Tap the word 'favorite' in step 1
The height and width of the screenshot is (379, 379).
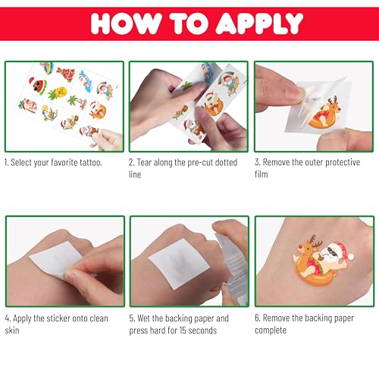pos(64,162)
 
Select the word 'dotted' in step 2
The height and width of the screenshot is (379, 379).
pos(226,162)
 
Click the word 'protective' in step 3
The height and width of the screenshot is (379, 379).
pos(343,162)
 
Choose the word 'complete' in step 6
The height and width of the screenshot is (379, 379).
pos(271,330)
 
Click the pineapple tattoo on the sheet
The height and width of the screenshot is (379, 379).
pos(58,92)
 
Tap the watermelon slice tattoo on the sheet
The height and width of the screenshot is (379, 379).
pos(38,86)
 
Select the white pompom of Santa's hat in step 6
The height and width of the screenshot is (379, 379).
pos(350,257)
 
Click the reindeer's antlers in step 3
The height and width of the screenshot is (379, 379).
pos(333,99)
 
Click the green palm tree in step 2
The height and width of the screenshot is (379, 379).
pos(186,86)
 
